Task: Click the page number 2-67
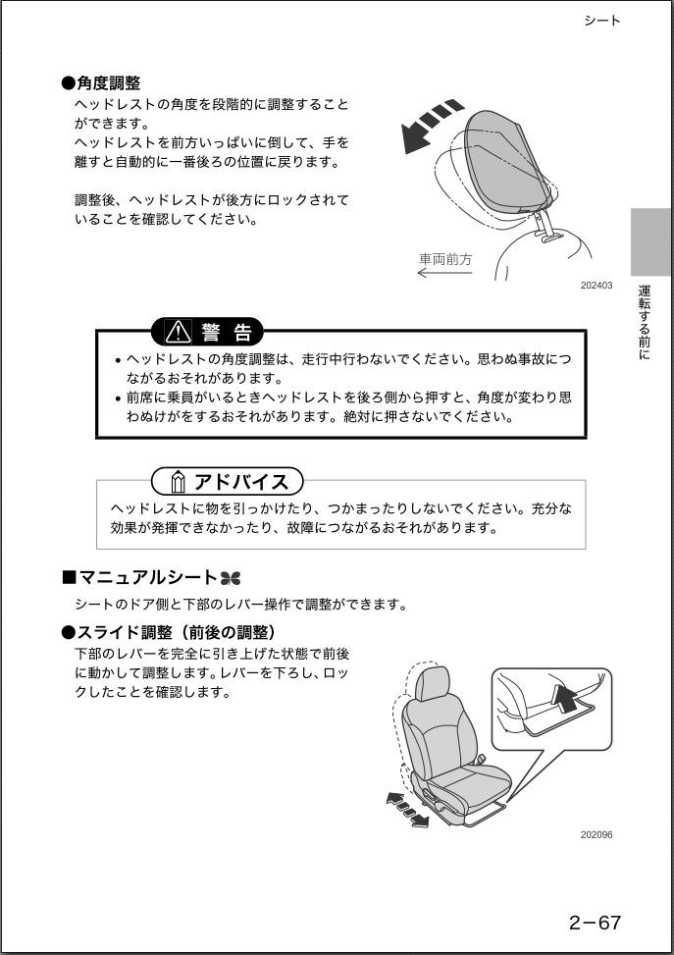tap(595, 922)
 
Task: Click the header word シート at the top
tap(601, 21)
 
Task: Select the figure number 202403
tap(596, 286)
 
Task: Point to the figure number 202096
tap(596, 835)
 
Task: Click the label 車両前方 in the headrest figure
tap(445, 259)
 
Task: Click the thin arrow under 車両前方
tap(444, 273)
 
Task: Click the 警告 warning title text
tap(227, 332)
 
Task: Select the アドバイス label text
tap(241, 481)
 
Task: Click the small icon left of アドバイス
tap(177, 482)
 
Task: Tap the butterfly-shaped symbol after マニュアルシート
tap(230, 578)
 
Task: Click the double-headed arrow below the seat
tap(407, 809)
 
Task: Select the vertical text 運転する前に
tap(644, 323)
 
